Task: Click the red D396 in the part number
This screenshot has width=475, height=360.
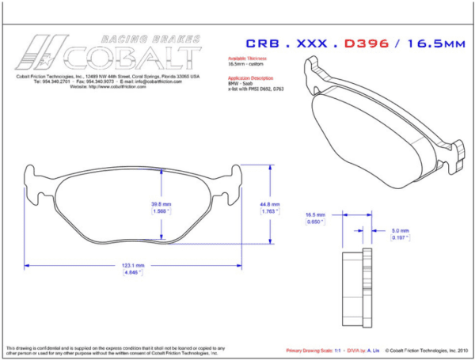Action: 366,44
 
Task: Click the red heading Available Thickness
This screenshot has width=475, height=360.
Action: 247,59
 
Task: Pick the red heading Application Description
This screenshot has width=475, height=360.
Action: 250,78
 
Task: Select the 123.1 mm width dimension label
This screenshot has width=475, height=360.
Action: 132,265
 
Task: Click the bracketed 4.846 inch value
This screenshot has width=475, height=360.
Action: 132,273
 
